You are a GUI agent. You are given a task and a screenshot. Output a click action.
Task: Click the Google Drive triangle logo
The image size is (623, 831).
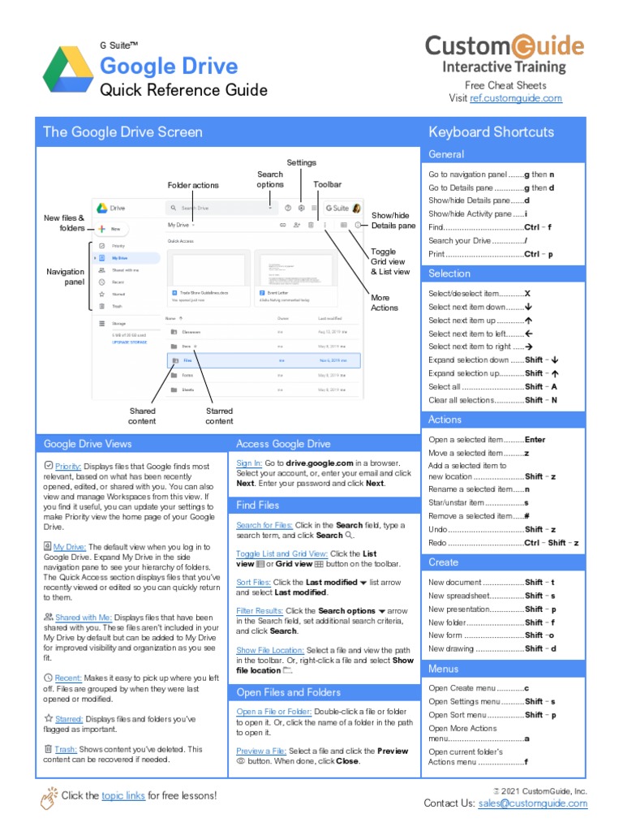[68, 68]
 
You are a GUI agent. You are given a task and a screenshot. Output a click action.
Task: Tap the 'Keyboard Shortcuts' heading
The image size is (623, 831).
[492, 132]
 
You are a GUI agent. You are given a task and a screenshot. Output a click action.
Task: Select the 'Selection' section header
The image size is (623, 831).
[449, 273]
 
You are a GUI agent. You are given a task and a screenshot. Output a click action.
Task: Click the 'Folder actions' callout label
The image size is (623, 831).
[193, 186]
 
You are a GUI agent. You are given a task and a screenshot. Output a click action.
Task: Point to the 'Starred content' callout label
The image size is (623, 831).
[219, 415]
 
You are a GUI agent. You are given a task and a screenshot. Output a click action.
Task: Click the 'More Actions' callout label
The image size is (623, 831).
[385, 303]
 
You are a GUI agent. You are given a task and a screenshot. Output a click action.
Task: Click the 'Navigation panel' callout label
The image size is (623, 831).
[65, 277]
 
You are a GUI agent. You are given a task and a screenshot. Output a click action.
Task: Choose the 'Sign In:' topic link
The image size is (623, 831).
[249, 463]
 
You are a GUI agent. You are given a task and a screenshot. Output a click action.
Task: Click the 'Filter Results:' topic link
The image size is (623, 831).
[259, 610]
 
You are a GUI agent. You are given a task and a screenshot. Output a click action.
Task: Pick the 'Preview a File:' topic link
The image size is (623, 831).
[261, 751]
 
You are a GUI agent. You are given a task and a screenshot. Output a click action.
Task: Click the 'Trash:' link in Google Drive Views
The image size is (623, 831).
[67, 750]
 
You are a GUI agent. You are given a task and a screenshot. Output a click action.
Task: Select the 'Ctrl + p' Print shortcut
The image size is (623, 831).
[538, 254]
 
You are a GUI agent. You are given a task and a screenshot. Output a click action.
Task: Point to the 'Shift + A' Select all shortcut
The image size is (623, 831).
[541, 387]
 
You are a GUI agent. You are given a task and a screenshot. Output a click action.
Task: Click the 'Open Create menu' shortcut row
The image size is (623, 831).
[479, 688]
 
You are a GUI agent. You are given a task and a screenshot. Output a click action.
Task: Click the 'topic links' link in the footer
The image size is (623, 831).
[123, 796]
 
